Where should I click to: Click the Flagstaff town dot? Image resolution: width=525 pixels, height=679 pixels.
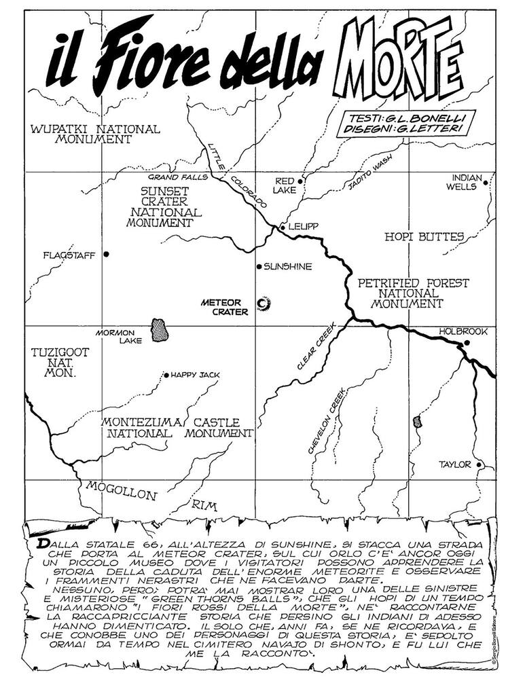click(x=107, y=254)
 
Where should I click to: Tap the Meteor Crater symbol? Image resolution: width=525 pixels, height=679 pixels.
click(x=263, y=302)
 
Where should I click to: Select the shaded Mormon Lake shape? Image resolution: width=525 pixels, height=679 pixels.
click(x=160, y=330)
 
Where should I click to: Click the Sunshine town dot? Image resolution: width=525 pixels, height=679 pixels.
click(x=259, y=266)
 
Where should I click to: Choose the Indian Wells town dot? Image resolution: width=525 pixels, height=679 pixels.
click(x=486, y=181)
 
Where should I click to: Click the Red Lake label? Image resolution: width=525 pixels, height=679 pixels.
click(x=284, y=186)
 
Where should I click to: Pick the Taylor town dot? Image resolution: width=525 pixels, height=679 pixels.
click(x=479, y=465)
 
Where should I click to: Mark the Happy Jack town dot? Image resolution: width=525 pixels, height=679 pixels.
click(x=166, y=374)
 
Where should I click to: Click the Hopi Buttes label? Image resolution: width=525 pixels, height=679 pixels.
click(x=424, y=237)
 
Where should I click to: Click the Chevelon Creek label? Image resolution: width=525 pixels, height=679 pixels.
click(x=327, y=421)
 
